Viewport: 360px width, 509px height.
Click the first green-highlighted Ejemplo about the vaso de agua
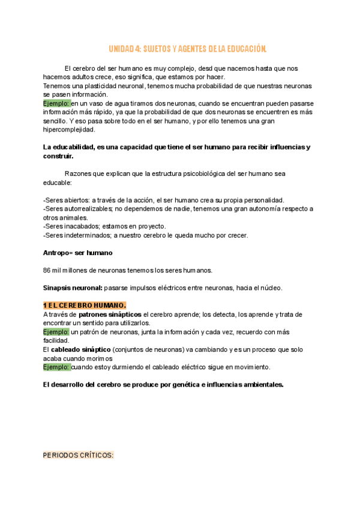point(56,103)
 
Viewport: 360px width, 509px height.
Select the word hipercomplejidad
point(69,129)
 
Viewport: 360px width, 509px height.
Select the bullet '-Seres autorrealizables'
point(79,209)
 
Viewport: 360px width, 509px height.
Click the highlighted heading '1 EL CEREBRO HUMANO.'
point(85,306)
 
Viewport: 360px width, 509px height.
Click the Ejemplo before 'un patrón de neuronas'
point(56,332)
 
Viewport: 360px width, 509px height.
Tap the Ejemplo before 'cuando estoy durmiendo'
point(56,367)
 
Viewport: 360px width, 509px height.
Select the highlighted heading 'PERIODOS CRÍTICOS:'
point(79,455)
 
